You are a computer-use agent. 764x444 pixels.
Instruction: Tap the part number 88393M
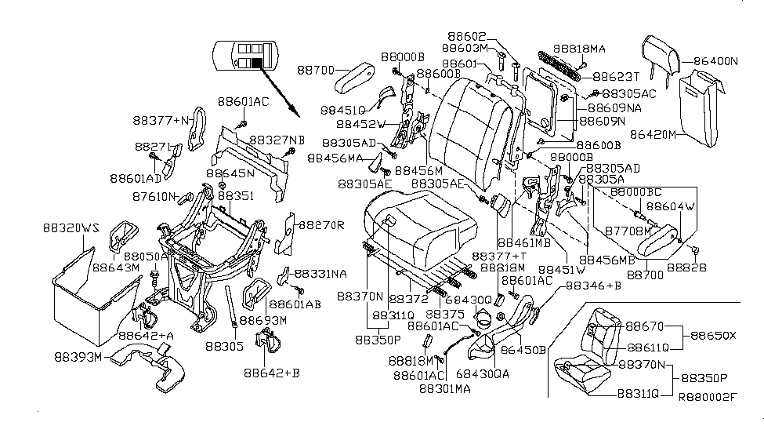point(78,357)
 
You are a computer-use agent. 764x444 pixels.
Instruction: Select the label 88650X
point(714,335)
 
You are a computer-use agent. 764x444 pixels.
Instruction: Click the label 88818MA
point(579,49)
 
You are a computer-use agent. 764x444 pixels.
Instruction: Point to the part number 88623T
point(616,77)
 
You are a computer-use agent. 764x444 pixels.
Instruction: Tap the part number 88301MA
point(447,388)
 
